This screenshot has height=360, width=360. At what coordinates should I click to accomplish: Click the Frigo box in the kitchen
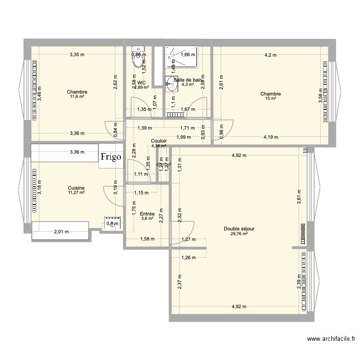pos(111,156)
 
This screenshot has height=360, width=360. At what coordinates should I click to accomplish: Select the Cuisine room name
pos(76,188)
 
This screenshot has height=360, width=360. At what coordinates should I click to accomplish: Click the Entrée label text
pos(147,214)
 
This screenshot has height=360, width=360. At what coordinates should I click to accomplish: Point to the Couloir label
pos(158,141)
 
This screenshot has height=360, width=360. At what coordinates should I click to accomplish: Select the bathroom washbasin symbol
pos(171,84)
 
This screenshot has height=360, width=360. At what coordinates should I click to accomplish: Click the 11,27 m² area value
pos(76,193)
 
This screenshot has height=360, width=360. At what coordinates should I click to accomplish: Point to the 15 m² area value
pos(271,99)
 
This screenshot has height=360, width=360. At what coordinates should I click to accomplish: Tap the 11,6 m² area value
pos(77,96)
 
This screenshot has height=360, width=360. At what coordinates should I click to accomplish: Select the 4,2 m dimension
pos(271,55)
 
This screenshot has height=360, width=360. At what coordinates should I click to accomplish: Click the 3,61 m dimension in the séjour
pos(299,198)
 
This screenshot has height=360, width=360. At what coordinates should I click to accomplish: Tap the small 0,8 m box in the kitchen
pos(112,223)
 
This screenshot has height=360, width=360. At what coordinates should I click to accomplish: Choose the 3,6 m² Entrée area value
pos(147,219)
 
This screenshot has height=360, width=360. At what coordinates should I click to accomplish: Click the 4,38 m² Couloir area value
pos(159,146)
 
